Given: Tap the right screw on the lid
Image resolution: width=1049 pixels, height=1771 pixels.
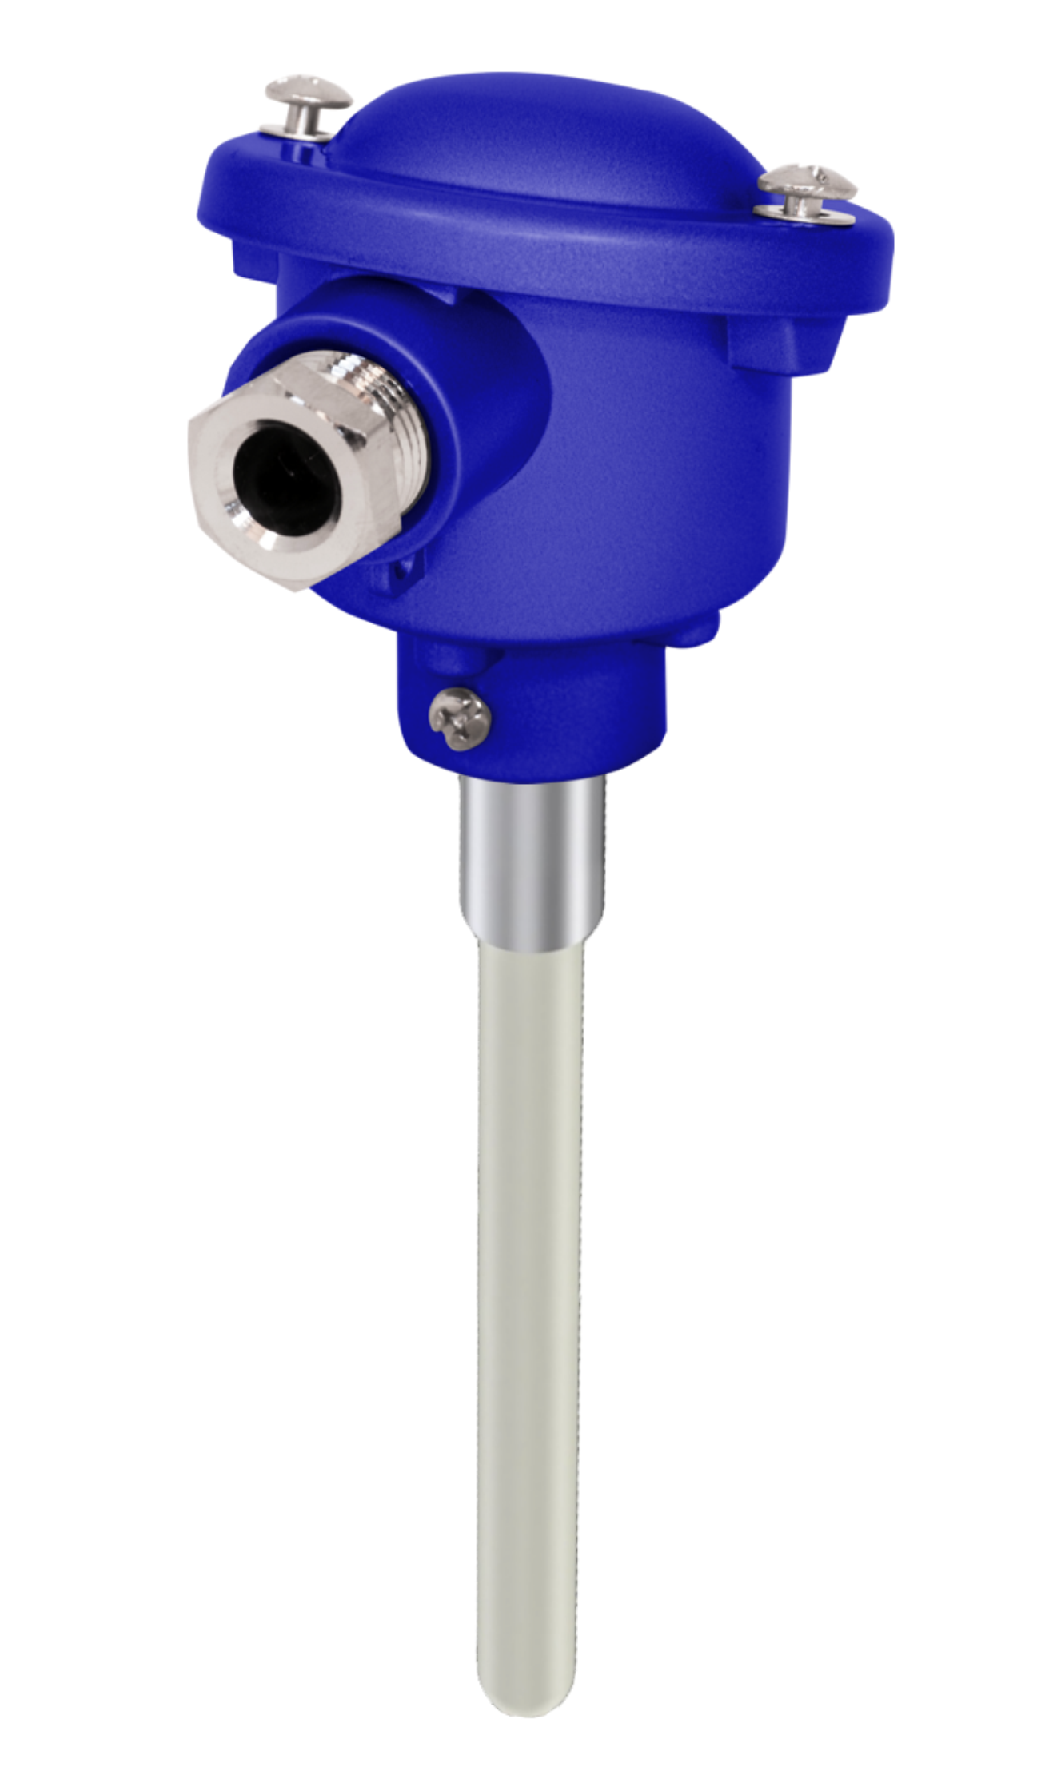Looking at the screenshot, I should pyautogui.click(x=806, y=192).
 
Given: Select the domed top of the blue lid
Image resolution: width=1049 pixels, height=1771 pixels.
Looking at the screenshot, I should pyautogui.click(x=544, y=136).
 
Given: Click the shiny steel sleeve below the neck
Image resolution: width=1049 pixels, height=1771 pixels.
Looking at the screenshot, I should pyautogui.click(x=532, y=863).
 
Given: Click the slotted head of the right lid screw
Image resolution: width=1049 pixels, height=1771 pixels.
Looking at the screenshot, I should pyautogui.click(x=808, y=180).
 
